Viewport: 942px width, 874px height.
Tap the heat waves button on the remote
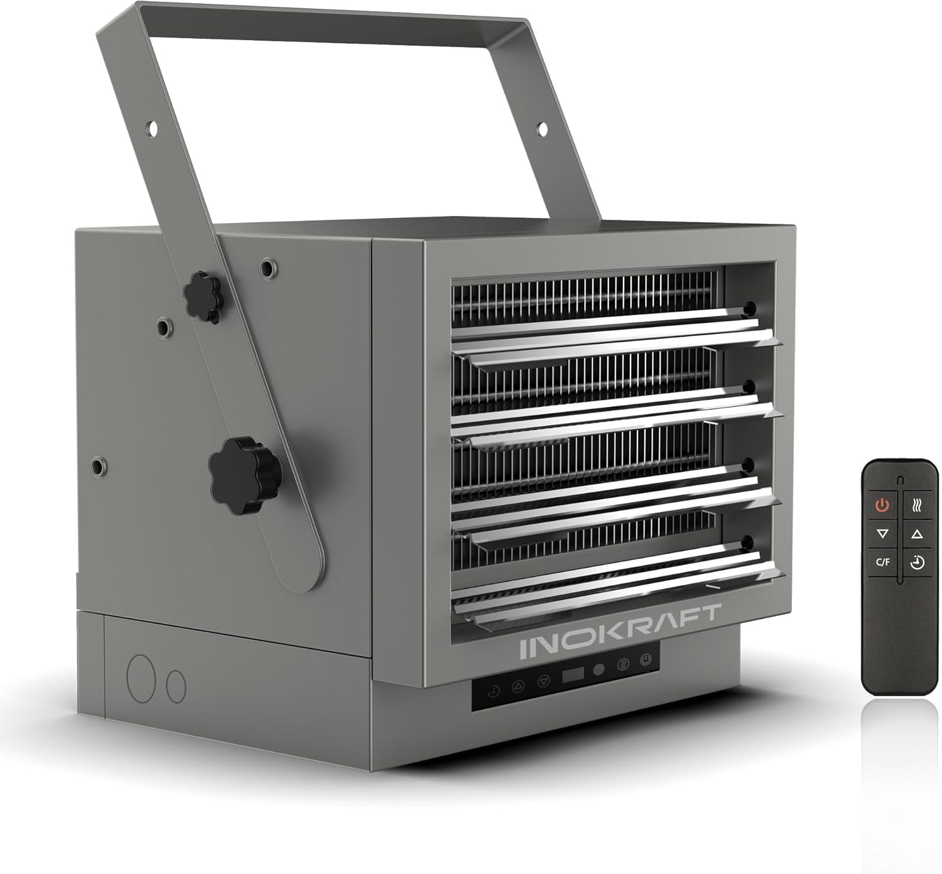point(917,505)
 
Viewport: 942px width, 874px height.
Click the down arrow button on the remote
point(883,534)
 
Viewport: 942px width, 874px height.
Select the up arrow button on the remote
point(917,534)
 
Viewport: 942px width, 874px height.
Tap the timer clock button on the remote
point(917,562)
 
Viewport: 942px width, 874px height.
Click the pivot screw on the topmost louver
point(749,308)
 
